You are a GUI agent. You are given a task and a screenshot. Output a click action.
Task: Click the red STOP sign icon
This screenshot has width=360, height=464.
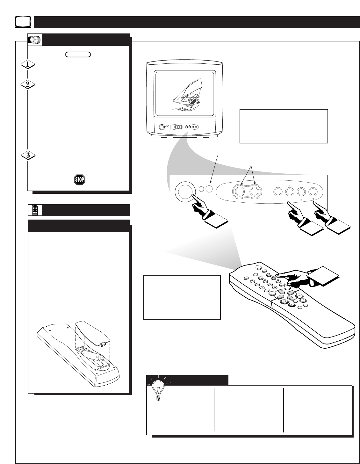pos(79,180)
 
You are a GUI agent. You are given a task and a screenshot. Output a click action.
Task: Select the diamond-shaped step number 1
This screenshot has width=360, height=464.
pos(28,64)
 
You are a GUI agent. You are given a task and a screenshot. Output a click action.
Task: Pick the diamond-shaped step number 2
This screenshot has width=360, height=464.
pos(28,85)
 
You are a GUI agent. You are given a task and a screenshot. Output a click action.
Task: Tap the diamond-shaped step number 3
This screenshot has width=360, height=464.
pos(28,156)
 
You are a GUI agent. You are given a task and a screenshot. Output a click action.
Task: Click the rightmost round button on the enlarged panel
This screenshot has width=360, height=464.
pos(313,192)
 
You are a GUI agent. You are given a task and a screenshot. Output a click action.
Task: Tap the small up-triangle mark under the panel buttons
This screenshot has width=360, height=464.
pos(301,200)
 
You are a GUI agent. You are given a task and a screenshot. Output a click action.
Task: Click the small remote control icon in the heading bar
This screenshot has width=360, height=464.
pos(36,210)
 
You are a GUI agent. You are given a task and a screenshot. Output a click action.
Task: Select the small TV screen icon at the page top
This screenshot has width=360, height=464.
pos(23,22)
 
